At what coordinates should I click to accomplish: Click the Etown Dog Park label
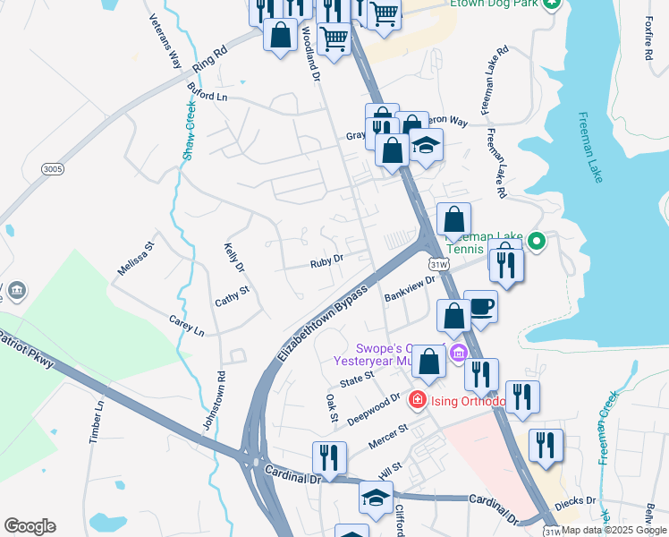click(495, 4)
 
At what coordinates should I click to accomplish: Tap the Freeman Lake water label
click(591, 148)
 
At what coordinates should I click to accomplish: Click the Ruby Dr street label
click(326, 261)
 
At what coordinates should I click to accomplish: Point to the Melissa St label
click(136, 257)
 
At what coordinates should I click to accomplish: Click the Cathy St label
click(231, 296)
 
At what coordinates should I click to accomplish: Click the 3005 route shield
click(52, 167)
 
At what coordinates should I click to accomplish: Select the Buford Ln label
click(207, 92)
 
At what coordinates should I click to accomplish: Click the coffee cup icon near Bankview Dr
click(480, 306)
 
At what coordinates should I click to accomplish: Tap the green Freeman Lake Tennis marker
click(537, 240)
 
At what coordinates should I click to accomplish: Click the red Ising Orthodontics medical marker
click(416, 399)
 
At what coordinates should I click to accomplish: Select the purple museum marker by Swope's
click(459, 353)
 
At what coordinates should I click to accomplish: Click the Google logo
click(30, 526)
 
